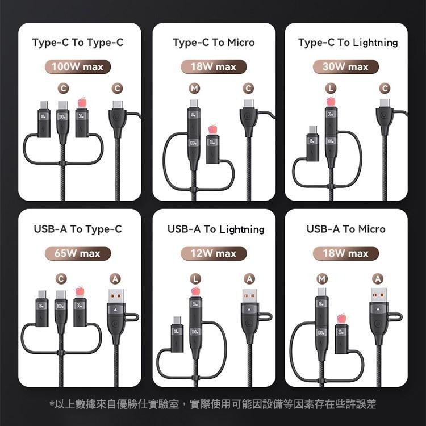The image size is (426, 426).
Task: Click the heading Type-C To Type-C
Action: (78, 43)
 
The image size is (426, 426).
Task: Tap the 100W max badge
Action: (78, 67)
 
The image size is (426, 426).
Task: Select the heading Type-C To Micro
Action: (214, 43)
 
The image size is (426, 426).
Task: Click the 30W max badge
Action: (345, 67)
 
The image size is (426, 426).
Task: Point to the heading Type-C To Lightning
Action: (348, 43)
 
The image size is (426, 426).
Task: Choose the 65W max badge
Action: (78, 253)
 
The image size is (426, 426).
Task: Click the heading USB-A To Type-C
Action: (78, 229)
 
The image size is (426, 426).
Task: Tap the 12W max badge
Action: (214, 253)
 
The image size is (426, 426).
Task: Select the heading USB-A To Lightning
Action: (216, 229)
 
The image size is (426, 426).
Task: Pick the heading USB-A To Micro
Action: (346, 229)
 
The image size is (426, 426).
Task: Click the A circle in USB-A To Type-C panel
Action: (116, 278)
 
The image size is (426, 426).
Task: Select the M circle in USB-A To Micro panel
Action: (323, 278)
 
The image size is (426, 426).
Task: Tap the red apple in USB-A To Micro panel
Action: (341, 318)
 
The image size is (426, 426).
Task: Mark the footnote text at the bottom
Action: (213, 404)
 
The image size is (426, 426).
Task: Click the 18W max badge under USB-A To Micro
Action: (345, 253)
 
